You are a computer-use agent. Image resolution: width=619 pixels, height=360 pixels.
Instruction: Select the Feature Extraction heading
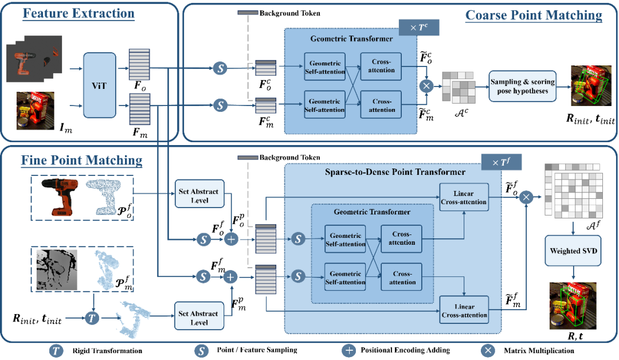pos(79,13)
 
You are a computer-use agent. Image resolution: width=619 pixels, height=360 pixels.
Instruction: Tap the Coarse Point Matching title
pos(534,15)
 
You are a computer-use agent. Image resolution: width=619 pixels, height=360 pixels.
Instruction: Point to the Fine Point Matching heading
pos(81,160)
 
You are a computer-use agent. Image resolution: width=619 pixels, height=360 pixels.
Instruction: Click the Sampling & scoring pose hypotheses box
pos(522,86)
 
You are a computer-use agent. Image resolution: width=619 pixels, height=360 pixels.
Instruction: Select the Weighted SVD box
pos(573,251)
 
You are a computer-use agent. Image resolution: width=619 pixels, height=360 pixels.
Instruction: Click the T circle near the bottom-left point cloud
pos(92,317)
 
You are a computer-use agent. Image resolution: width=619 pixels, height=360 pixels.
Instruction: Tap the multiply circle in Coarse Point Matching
pos(426,86)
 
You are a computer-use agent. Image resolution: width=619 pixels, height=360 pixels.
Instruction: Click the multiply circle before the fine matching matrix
pos(526,198)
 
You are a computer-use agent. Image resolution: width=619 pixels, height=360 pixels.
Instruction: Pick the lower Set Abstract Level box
pos(199,318)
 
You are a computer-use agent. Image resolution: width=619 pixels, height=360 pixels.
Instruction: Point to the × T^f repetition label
pos(502,163)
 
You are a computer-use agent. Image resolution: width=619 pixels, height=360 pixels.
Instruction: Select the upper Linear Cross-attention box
pos(464,198)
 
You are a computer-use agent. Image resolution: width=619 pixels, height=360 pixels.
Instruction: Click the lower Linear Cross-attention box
pos(464,310)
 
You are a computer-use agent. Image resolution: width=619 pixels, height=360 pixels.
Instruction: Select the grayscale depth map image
pos(56,268)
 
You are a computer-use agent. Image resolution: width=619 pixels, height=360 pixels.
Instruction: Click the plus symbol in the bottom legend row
pos(348,350)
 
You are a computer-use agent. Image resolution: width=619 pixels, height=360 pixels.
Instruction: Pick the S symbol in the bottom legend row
pos(201,350)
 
